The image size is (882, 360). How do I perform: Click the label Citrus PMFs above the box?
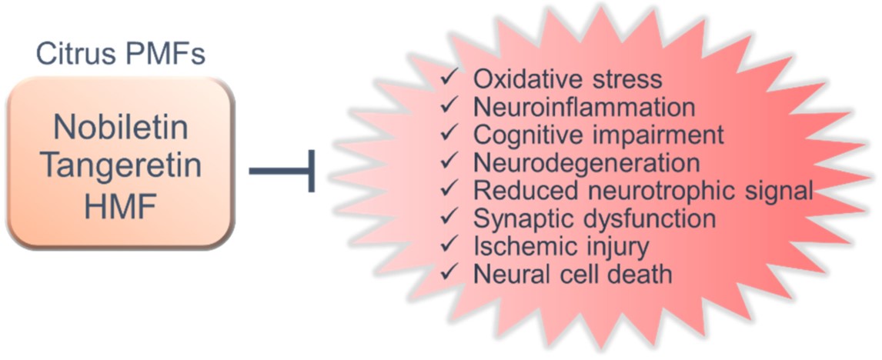click(x=121, y=55)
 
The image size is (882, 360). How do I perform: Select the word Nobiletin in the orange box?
click(x=121, y=128)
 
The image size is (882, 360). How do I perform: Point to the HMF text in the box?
click(x=120, y=207)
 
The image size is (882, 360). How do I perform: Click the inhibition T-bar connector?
click(x=281, y=171)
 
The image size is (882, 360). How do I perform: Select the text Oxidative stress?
click(x=567, y=79)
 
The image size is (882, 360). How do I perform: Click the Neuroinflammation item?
click(x=584, y=107)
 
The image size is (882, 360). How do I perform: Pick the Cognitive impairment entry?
click(x=599, y=135)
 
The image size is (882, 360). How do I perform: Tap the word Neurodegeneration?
click(x=586, y=163)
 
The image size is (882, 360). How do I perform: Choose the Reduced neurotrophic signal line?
click(x=643, y=192)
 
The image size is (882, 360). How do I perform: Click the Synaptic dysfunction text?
click(x=595, y=218)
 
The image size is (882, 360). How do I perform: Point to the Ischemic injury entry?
click(x=561, y=247)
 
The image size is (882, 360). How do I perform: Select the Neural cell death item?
click(x=573, y=275)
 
